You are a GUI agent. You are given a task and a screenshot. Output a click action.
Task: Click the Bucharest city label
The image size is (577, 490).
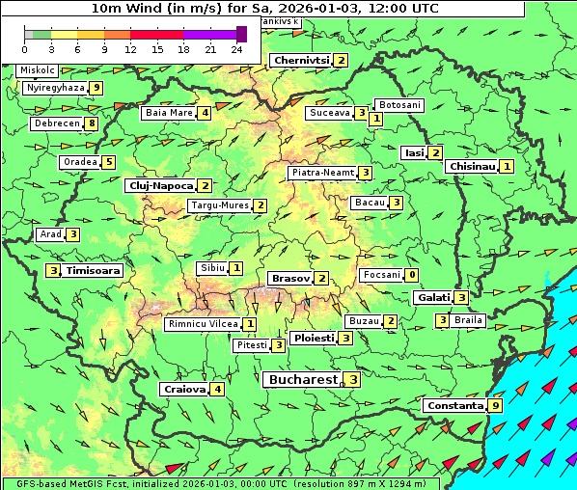pyautogui.click(x=303, y=380)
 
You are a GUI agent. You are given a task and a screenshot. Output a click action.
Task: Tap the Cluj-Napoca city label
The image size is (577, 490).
pyautogui.click(x=161, y=185)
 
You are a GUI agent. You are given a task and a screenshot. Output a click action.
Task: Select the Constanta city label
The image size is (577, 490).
pyautogui.click(x=453, y=406)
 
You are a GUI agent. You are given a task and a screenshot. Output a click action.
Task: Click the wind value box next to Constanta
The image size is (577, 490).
pyautogui.click(x=495, y=406)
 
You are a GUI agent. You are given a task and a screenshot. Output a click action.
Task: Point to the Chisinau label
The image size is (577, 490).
pyautogui.click(x=473, y=166)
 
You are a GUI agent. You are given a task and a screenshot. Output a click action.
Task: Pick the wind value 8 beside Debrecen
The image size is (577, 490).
pyautogui.click(x=92, y=123)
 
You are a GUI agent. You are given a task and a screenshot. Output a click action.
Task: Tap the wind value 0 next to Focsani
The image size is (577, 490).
pyautogui.click(x=412, y=275)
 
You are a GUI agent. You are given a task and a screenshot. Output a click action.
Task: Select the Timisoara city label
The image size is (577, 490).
pyautogui.click(x=93, y=271)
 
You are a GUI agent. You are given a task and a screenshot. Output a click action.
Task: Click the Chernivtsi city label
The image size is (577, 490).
pyautogui.click(x=301, y=60)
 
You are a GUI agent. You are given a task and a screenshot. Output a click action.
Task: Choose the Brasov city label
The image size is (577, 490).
pyautogui.click(x=290, y=278)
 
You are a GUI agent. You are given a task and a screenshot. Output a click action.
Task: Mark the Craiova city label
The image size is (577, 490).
pyautogui.click(x=185, y=390)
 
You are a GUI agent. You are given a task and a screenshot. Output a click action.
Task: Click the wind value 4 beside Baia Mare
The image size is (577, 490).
pyautogui.click(x=205, y=113)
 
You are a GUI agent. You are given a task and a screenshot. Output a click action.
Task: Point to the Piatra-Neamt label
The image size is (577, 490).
pyautogui.click(x=323, y=173)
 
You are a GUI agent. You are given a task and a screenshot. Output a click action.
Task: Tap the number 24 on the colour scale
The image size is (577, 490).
pyautogui.click(x=235, y=48)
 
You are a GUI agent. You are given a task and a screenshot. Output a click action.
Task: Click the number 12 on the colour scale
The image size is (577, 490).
pyautogui.click(x=130, y=48)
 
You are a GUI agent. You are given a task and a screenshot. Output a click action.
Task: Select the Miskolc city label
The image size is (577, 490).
pyautogui.click(x=37, y=70)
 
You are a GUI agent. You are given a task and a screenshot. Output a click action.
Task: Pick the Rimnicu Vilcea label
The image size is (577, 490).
pyautogui.click(x=202, y=324)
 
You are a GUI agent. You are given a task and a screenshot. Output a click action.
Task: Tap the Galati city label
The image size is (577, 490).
pyautogui.click(x=433, y=297)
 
